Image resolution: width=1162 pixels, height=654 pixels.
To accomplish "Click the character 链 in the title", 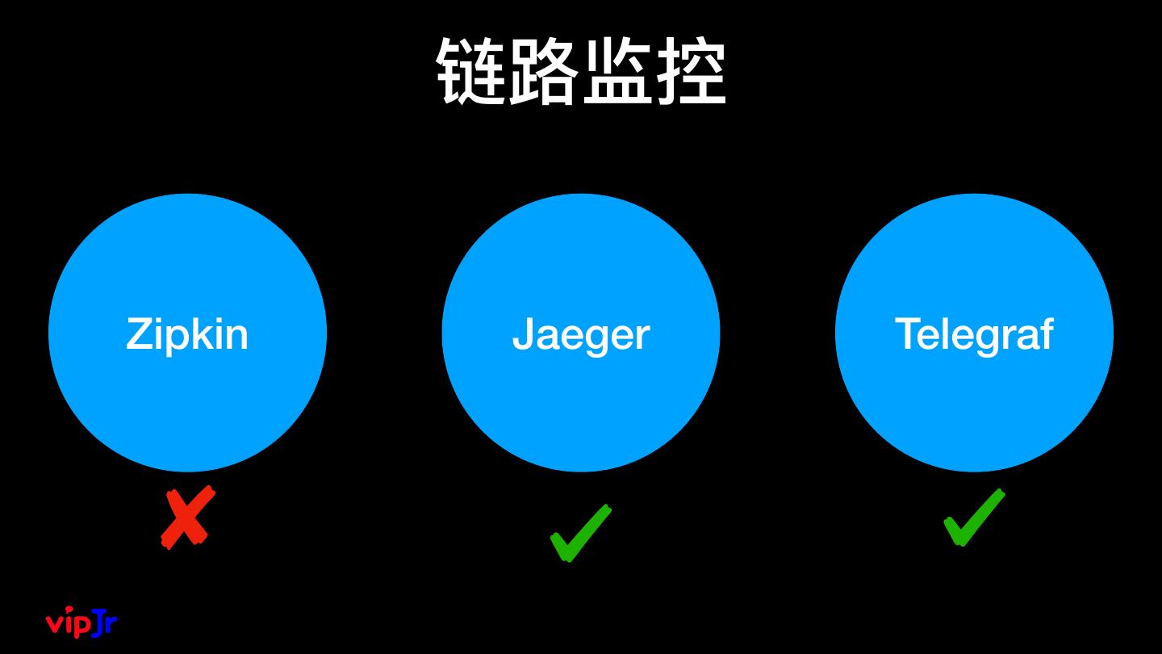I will pyautogui.click(x=472, y=71).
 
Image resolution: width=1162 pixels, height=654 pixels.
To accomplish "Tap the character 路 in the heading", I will pyautogui.click(x=545, y=71).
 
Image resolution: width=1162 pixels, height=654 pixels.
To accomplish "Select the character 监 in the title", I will pyautogui.click(x=617, y=71).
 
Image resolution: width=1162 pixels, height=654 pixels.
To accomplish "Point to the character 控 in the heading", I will pyautogui.click(x=691, y=71).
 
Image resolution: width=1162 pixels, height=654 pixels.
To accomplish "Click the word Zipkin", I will pyautogui.click(x=186, y=333).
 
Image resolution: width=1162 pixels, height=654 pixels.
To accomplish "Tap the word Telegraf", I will pyautogui.click(x=973, y=333).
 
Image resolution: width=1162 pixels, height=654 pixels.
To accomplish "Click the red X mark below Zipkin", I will pyautogui.click(x=188, y=518).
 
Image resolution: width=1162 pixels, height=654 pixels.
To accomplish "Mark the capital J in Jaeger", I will pyautogui.click(x=523, y=333).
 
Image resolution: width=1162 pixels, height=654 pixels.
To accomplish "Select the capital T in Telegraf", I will pyautogui.click(x=908, y=333).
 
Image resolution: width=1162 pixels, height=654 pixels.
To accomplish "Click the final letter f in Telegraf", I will pyautogui.click(x=1046, y=333).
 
